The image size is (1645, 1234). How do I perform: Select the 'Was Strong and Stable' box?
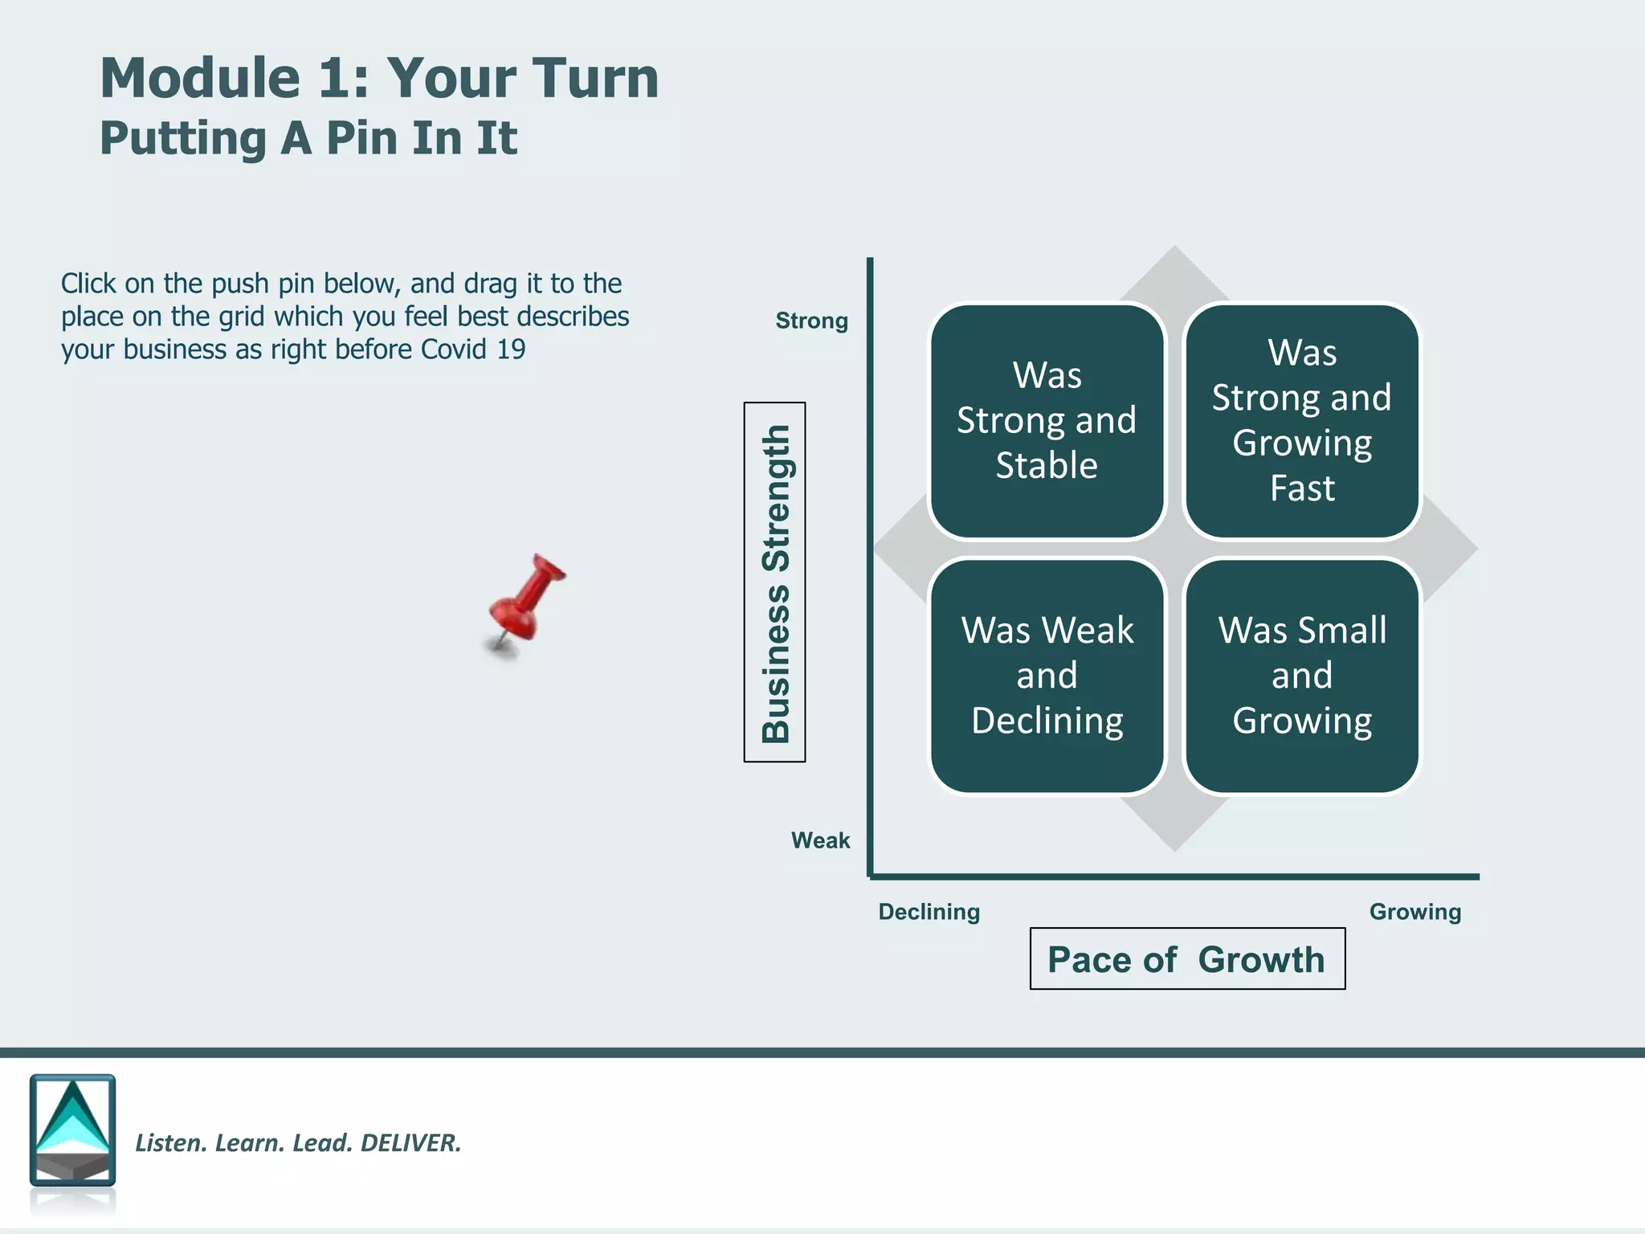click(1047, 420)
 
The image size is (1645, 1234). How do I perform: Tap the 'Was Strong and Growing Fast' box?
click(1301, 420)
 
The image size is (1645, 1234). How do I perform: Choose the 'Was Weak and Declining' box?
click(1047, 676)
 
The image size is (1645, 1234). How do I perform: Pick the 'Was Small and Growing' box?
click(1301, 676)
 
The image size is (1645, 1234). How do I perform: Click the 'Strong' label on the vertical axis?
click(811, 321)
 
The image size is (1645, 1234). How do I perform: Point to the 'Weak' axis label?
click(820, 840)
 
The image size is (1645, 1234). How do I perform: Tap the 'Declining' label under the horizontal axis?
click(929, 912)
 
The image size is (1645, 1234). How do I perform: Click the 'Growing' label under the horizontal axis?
click(1414, 912)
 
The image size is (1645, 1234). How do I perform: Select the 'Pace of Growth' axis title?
click(1186, 959)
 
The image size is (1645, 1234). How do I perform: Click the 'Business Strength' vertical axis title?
click(775, 582)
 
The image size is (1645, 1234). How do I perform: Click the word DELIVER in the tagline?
click(410, 1142)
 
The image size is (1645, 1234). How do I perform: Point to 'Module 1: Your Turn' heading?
click(379, 78)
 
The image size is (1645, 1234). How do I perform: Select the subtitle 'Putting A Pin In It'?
click(308, 137)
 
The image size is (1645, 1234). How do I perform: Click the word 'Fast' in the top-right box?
click(1302, 488)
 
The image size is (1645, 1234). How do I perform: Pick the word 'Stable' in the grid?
click(1047, 465)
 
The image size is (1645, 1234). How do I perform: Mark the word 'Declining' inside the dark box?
click(1047, 721)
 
